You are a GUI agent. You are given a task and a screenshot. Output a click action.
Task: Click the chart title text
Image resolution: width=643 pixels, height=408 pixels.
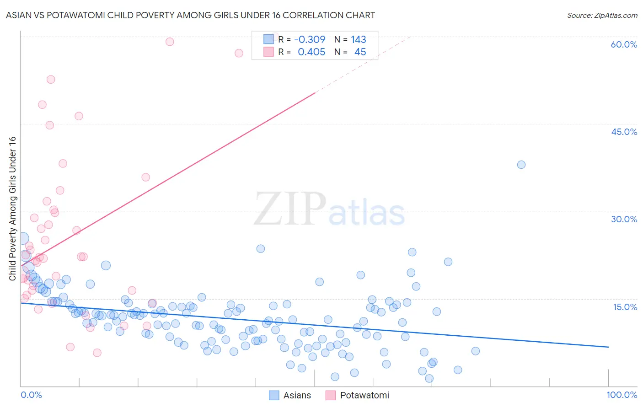coord(190,15)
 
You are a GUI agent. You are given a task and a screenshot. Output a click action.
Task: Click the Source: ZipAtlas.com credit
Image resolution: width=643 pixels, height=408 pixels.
coord(602,15)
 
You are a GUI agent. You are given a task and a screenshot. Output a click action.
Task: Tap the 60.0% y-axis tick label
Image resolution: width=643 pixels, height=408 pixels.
coord(623,44)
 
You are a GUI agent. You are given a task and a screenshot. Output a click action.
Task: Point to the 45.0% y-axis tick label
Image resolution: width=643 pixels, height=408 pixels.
coord(623,132)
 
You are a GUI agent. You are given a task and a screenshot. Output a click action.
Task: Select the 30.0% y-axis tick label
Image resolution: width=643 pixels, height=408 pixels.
coord(623,219)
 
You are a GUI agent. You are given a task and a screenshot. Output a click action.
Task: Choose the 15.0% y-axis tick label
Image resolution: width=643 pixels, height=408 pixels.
coord(624,307)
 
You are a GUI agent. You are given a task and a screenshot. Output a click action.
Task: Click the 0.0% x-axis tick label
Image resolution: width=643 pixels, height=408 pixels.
coord(31,395)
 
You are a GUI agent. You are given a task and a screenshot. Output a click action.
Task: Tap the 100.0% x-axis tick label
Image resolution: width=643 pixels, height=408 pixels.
coord(622,395)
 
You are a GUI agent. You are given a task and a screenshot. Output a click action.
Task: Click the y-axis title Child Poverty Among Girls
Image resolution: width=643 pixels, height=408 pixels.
coord(12,209)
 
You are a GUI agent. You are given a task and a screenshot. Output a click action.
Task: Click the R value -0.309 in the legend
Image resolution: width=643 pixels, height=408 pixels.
coord(310,39)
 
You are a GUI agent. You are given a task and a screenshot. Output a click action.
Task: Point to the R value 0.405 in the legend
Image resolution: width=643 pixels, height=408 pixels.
coord(311,52)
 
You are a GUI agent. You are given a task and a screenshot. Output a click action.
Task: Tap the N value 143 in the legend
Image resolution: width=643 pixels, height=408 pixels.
coord(358,39)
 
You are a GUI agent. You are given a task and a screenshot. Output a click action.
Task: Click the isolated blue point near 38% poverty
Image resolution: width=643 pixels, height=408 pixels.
coord(521,165)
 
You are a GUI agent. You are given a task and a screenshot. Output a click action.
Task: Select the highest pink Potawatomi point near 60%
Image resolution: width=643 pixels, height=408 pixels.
coord(170,42)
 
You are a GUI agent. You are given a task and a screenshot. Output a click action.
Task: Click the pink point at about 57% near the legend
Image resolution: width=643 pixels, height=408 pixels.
coord(239,53)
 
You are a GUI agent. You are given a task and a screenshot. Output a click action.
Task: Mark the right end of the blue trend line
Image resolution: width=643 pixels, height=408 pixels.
coord(608,347)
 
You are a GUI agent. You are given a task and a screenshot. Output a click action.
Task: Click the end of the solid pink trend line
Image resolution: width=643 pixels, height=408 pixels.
coord(315,93)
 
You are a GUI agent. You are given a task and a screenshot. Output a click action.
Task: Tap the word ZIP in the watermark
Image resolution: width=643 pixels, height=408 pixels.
coord(290,209)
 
